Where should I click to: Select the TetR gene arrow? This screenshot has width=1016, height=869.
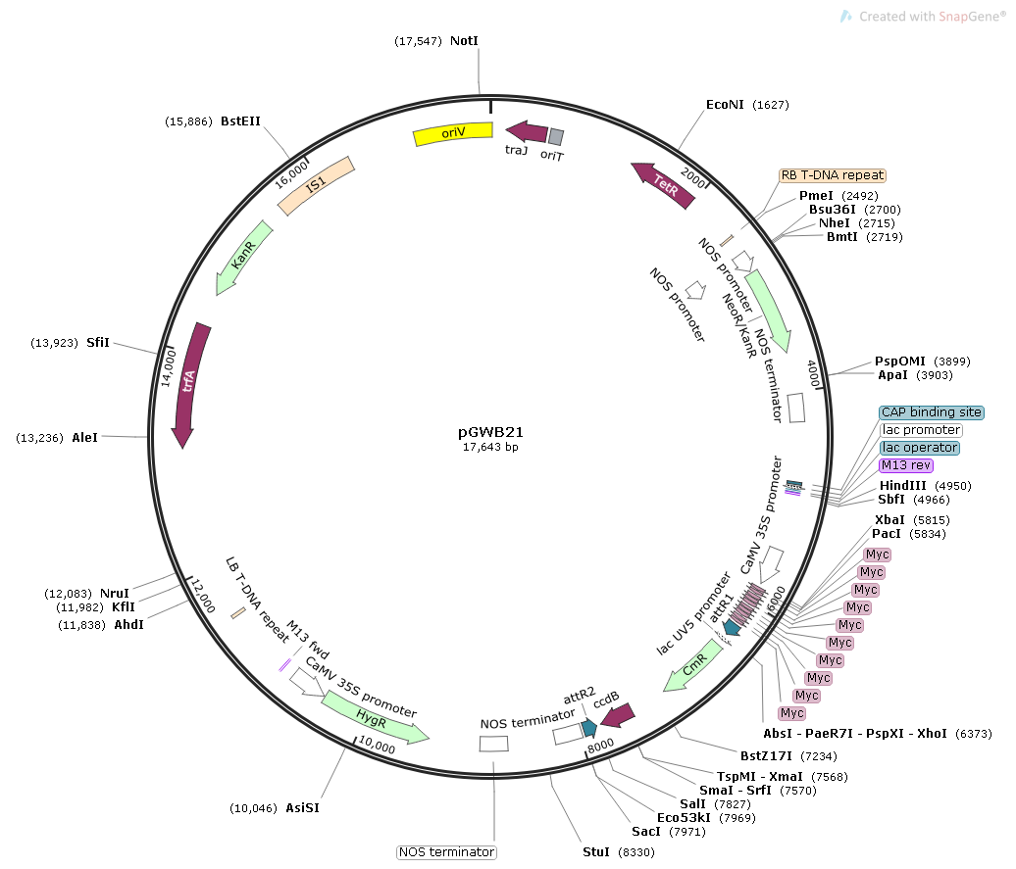(664, 186)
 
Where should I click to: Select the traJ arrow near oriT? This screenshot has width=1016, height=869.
(526, 132)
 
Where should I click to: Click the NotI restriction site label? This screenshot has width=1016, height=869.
(464, 41)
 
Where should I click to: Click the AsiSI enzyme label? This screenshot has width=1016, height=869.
(302, 808)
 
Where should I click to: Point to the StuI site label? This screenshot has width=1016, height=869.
(596, 852)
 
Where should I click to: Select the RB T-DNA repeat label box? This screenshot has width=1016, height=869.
(832, 175)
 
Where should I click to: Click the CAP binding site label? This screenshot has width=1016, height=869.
(931, 412)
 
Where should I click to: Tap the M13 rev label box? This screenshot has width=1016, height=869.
(906, 465)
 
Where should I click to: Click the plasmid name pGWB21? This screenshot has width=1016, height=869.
(490, 431)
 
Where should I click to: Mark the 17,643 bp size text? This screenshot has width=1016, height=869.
(490, 447)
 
